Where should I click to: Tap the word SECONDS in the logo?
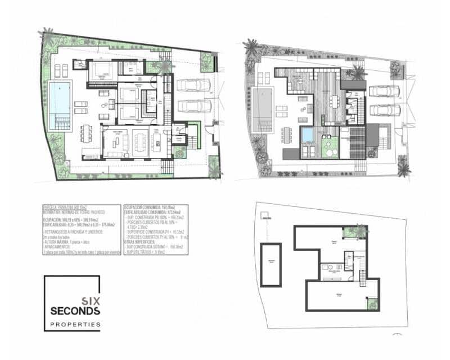[75, 310]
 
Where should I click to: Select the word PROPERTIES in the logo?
[75, 325]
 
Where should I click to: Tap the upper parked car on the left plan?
[193, 85]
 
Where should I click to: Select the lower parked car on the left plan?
[193, 106]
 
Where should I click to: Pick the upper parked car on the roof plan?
[385, 92]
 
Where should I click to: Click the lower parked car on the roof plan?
[385, 110]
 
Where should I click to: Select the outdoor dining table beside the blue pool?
[85, 133]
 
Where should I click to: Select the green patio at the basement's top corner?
[360, 230]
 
